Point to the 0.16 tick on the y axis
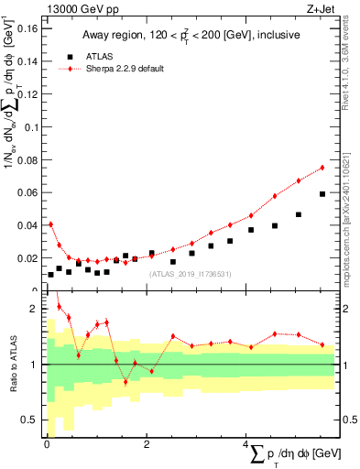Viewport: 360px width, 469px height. [26, 28]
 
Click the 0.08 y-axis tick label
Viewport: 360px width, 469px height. [26, 159]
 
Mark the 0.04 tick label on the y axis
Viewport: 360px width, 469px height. [26, 225]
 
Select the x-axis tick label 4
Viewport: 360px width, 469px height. [246, 443]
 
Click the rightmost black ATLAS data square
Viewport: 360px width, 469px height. [322, 194]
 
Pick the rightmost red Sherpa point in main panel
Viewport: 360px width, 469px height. [322, 168]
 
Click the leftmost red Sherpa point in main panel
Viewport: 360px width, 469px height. [51, 224]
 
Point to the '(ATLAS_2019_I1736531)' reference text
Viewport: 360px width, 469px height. [190, 274]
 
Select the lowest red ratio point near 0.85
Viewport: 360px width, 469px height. [125, 381]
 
